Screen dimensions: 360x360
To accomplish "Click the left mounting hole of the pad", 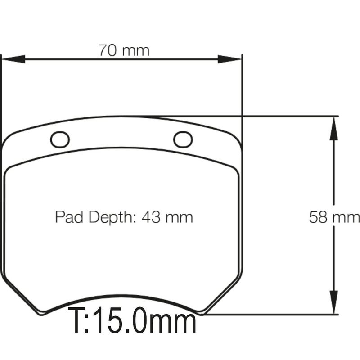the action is (x=60, y=139).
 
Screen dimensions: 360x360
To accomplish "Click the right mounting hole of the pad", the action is (x=183, y=139).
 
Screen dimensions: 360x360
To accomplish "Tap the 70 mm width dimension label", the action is (x=124, y=50).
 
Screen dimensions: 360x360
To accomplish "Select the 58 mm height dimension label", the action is (x=334, y=217).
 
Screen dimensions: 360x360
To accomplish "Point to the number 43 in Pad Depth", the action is (x=151, y=217).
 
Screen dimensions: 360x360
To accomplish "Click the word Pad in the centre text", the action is (x=69, y=217).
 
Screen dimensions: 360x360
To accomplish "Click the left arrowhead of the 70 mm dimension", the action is (x=13, y=59).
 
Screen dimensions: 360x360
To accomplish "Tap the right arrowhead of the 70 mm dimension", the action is (x=229, y=59).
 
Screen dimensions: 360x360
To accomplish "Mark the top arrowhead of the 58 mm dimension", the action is (x=333, y=128).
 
